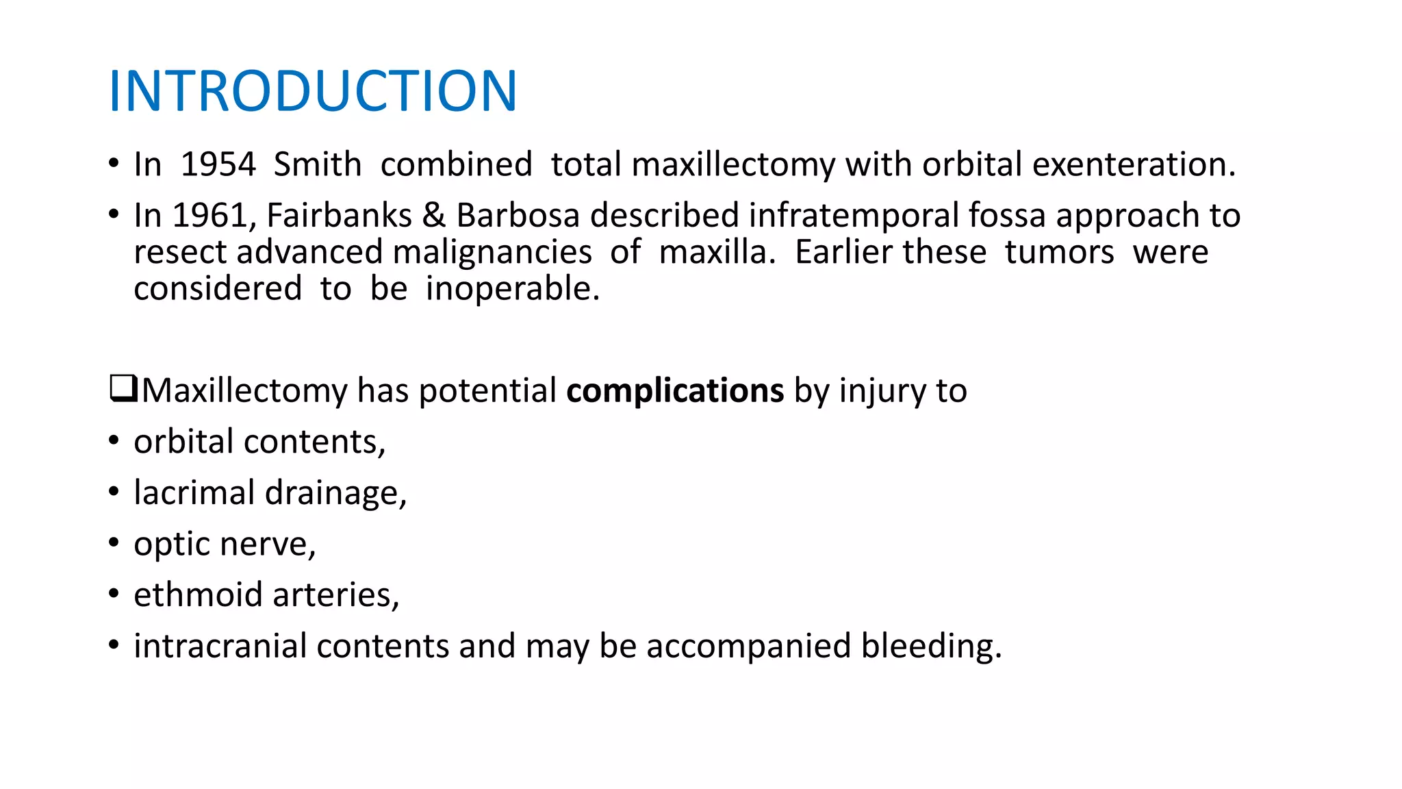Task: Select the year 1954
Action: coord(218,165)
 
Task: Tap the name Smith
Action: coord(317,165)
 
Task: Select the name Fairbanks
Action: coord(339,216)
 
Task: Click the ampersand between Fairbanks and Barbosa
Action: coord(433,216)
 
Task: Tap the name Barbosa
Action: coord(518,216)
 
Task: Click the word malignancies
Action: coord(492,252)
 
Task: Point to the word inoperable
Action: coord(512,289)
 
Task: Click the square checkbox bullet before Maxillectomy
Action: coord(123,389)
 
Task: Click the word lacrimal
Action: coord(194,493)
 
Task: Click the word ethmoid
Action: coord(198,594)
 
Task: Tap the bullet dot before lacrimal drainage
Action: coord(114,492)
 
